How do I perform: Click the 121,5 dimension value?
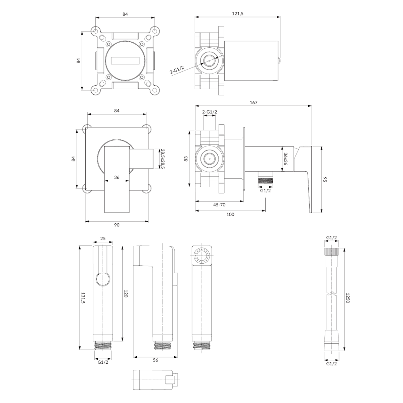click(237, 13)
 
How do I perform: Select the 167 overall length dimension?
click(254, 102)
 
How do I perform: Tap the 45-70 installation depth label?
click(219, 205)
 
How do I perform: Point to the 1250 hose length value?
click(347, 298)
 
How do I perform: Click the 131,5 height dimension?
click(83, 298)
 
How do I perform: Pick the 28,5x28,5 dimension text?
click(163, 159)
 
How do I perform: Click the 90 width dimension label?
click(117, 225)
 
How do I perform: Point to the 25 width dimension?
click(103, 238)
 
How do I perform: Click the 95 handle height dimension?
click(325, 179)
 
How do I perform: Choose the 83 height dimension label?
click(186, 159)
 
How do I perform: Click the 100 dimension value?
click(230, 214)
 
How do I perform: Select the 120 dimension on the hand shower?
click(126, 294)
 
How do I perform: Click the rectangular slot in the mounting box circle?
click(125, 60)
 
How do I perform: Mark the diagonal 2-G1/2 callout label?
click(177, 70)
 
